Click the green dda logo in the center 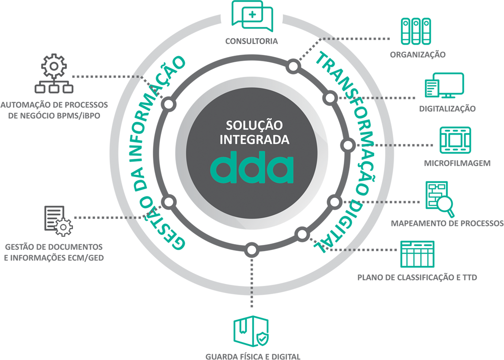coord(252,168)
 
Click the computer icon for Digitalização coord(444,86)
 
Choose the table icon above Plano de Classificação coord(417,254)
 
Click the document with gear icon coord(58,219)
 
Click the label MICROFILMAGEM coord(457,163)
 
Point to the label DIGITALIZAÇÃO coord(448,109)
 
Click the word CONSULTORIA coord(252,41)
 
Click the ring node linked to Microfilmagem coord(348,145)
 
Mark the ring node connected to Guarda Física coord(251,250)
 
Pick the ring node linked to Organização coord(293,67)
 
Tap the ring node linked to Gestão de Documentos coord(169,202)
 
